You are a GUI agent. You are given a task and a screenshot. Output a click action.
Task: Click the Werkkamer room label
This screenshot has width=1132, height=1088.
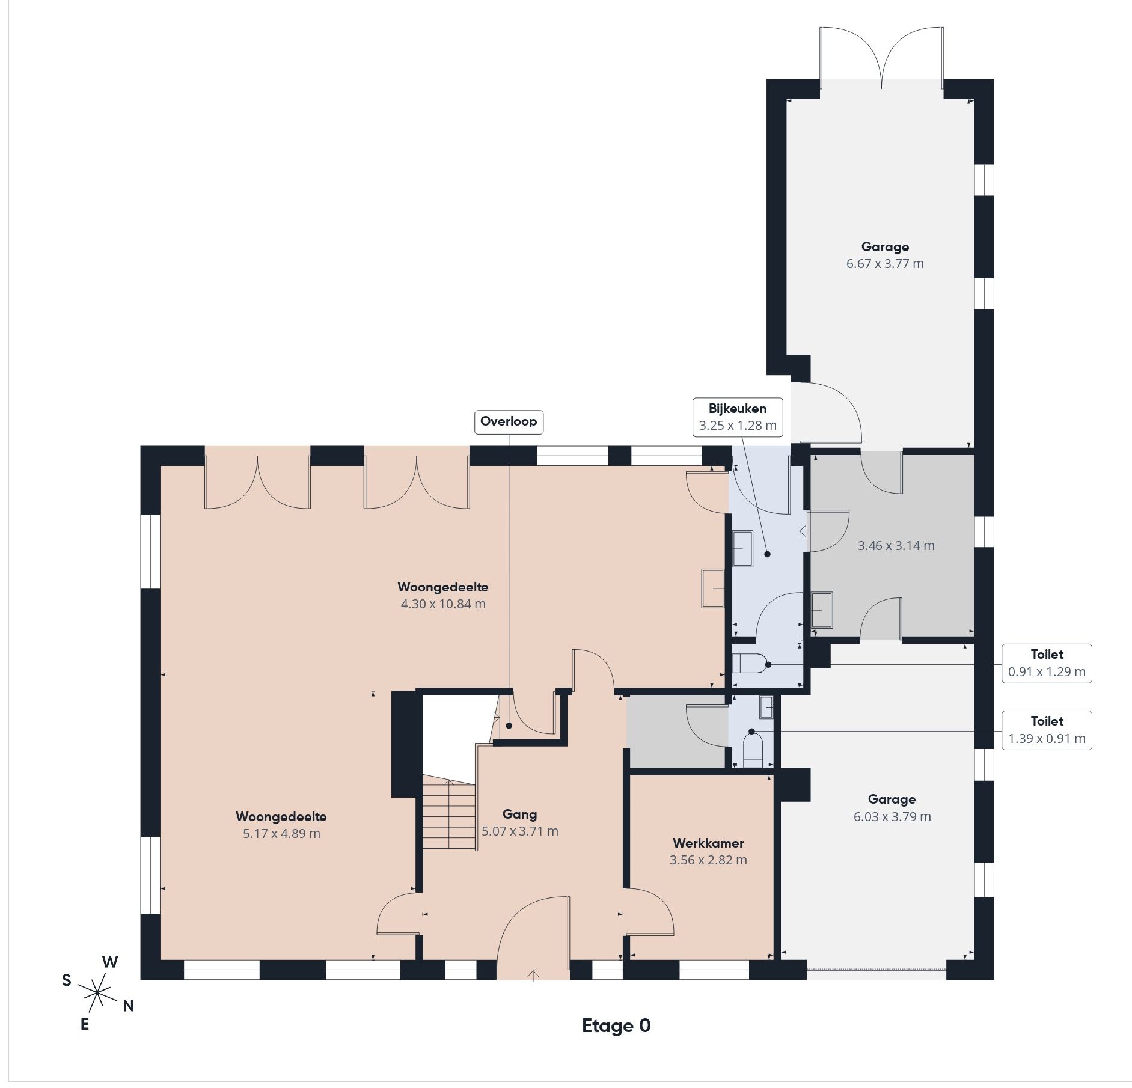tap(708, 843)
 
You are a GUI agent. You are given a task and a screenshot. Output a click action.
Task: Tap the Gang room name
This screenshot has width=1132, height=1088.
tap(519, 814)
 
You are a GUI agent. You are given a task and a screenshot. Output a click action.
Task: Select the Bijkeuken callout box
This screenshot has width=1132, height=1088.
tap(738, 417)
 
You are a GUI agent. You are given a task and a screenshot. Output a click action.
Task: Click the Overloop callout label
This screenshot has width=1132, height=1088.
tap(509, 421)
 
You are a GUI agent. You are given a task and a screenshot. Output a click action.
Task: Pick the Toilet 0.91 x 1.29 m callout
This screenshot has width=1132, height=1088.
tap(1047, 664)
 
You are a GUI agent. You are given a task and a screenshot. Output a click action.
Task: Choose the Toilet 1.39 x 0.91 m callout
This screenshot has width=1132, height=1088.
tap(1047, 730)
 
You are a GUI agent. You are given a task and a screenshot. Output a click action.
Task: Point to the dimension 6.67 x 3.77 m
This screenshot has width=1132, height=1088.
tap(885, 264)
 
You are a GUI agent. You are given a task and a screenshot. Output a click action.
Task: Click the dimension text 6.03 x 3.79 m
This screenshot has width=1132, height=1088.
tap(892, 817)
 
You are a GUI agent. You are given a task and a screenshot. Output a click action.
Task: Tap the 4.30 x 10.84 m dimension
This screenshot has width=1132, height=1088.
tap(443, 604)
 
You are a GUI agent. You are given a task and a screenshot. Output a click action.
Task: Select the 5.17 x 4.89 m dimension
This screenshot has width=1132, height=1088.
tap(281, 834)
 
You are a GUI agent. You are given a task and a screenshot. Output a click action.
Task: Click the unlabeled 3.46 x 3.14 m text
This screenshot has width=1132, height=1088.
tap(896, 546)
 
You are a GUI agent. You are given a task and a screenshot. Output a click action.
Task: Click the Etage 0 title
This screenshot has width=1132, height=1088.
tap(616, 1026)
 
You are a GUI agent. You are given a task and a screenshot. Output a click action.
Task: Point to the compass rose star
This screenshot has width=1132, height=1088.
tap(97, 993)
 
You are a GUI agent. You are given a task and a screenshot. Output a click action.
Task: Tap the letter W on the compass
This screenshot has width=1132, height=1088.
tap(110, 962)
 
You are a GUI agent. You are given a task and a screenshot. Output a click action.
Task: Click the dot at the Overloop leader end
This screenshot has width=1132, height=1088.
tap(509, 726)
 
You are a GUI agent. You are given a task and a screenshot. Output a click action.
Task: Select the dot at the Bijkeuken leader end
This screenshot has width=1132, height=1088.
tap(767, 554)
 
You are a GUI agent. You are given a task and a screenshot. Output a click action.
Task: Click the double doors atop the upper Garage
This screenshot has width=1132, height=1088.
tap(881, 57)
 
